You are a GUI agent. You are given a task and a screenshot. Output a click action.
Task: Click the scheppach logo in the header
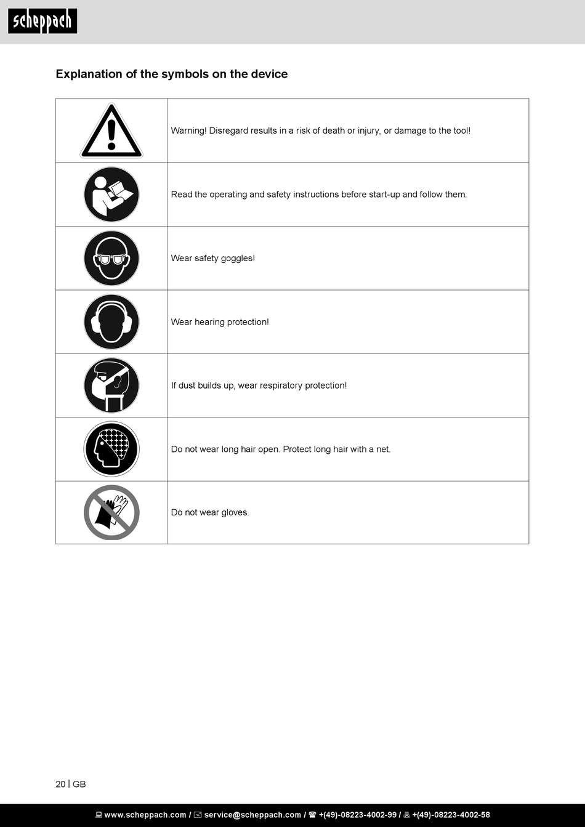(x=42, y=22)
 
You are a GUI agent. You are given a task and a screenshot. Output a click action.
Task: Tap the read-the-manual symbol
(x=111, y=195)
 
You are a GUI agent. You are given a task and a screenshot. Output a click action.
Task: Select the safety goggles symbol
(x=111, y=258)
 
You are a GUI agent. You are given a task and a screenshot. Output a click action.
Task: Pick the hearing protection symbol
(x=111, y=322)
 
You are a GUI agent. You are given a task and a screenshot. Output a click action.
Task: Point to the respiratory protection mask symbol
(x=111, y=385)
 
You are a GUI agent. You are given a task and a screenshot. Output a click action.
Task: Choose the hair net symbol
(x=111, y=449)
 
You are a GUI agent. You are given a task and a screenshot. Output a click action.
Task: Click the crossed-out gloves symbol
(x=111, y=512)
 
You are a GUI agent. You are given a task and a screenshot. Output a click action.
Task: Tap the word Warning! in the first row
(x=188, y=131)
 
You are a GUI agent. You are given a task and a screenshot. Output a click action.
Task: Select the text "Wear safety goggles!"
(x=212, y=258)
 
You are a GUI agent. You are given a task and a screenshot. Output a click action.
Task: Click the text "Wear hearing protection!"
(x=220, y=322)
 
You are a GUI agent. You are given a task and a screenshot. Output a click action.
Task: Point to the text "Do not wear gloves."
(x=210, y=512)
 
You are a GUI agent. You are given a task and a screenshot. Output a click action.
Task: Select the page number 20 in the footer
(x=60, y=784)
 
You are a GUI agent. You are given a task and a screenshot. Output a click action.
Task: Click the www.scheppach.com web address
(x=145, y=815)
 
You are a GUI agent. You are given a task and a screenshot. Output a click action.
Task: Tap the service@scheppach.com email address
(x=252, y=815)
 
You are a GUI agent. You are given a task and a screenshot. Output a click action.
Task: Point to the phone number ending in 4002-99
(x=357, y=815)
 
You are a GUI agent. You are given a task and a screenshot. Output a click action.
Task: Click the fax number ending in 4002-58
(x=451, y=815)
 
